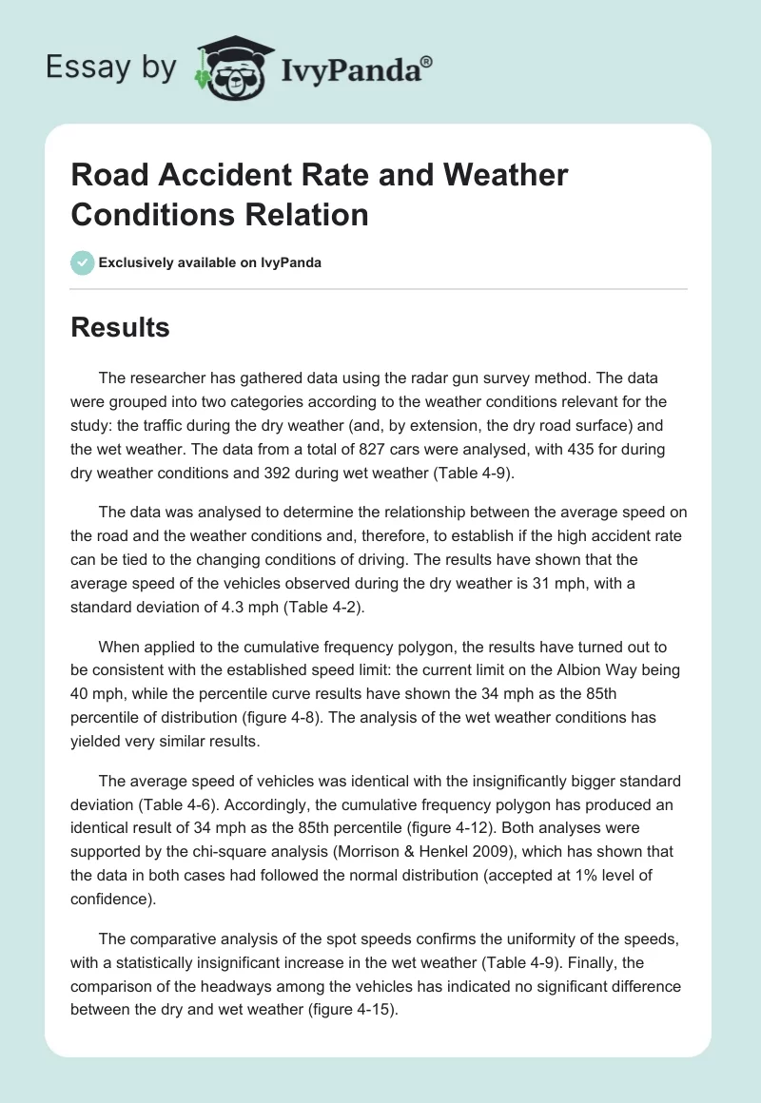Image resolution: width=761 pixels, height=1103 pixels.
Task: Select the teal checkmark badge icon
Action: [x=82, y=262]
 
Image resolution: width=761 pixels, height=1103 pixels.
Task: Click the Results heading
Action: [x=120, y=327]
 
